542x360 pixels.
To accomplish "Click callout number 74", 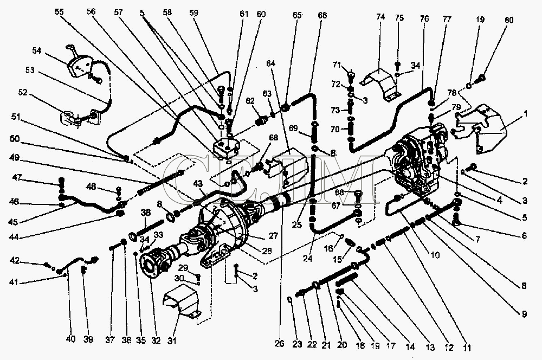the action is click(380, 17).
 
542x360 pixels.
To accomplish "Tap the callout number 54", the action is click(37, 50).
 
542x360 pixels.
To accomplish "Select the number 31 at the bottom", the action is click(172, 340).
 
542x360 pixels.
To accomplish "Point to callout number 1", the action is click(525, 114).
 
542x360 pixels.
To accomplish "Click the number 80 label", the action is click(509, 20).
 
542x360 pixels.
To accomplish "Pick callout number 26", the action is click(279, 343).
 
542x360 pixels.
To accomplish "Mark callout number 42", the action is click(15, 261).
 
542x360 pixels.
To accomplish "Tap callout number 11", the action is click(467, 348).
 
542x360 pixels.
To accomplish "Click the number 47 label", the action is click(17, 178).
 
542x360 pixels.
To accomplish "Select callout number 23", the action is click(297, 344).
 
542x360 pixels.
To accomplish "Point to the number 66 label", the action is click(322, 15).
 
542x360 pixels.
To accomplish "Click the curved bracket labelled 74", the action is click(380, 85).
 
